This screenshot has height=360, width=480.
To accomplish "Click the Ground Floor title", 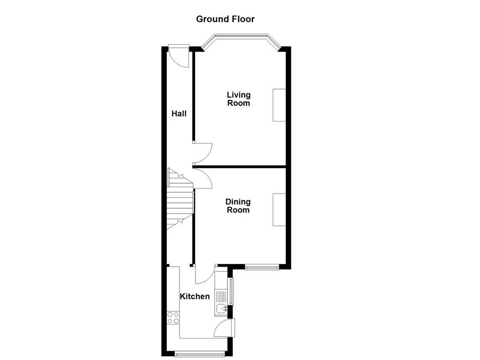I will point(225,19).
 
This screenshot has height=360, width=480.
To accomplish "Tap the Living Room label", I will point(239,99).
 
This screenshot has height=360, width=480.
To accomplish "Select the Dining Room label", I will point(238,206).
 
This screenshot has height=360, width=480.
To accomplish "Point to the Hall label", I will point(179,113).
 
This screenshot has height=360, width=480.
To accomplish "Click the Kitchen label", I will point(195,296).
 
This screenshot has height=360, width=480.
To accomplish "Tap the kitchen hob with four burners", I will point(173,318).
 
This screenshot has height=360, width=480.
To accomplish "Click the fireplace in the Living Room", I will point(279,105).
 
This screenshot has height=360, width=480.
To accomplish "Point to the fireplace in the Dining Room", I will point(279,210).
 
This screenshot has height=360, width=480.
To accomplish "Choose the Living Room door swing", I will point(203,152).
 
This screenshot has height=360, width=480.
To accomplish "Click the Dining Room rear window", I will point(262,267).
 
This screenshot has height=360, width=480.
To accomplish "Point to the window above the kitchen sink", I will point(231,291).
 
